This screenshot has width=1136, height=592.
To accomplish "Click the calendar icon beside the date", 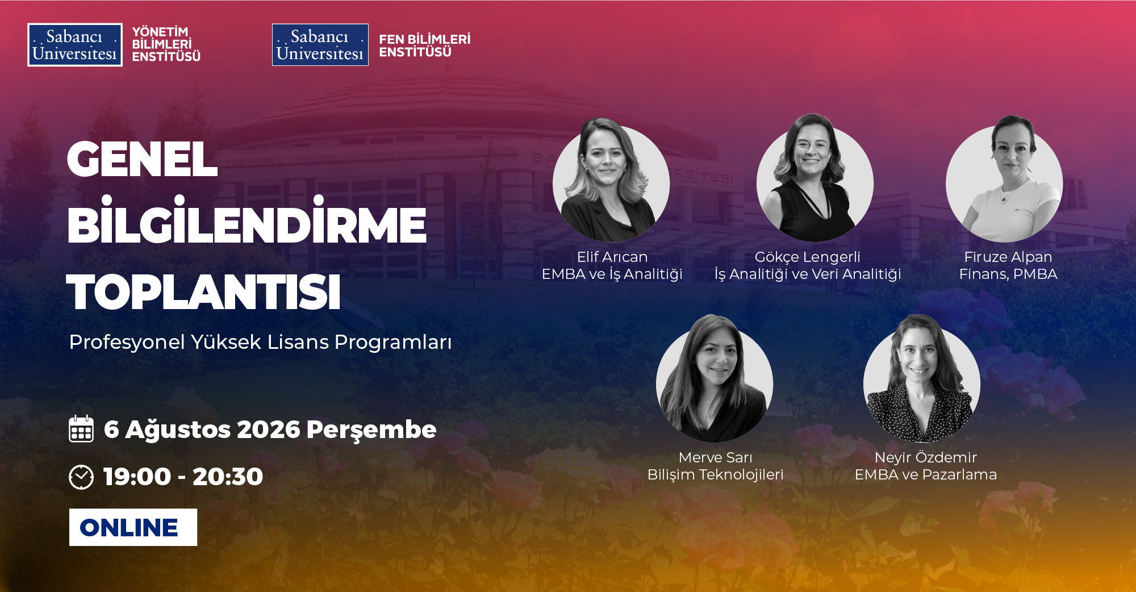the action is point(81,428).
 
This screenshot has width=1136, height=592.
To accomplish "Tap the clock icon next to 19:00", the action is point(81,477).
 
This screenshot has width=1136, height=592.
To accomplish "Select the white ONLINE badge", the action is point(133,527).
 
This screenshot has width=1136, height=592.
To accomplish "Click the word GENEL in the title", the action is point(142,159).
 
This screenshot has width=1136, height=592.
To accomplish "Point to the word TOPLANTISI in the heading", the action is point(203,292).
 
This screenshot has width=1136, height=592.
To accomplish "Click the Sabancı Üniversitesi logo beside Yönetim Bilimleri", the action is point(75,45).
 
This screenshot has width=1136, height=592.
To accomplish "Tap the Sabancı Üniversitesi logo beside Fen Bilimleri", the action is point(320,45).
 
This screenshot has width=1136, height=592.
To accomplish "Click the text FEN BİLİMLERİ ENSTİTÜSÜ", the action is point(425,45).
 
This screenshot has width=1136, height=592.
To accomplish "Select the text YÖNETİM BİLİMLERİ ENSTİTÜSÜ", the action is point(166,44).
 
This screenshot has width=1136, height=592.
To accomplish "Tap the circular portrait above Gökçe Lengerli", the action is point(815,180).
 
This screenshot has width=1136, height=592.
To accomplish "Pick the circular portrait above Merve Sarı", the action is point(715,380).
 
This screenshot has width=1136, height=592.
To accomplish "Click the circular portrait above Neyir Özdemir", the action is point(922,380).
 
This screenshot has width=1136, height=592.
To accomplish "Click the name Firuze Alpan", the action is point(1008,257).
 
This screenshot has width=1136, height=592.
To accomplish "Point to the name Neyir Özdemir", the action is point(926,457).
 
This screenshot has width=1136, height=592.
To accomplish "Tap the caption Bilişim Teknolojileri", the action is point(716,474).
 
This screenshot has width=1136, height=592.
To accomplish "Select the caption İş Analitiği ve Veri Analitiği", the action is point(808,274).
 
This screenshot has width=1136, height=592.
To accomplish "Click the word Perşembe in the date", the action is point(371,430).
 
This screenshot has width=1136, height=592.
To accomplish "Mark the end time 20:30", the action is point(228,477).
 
